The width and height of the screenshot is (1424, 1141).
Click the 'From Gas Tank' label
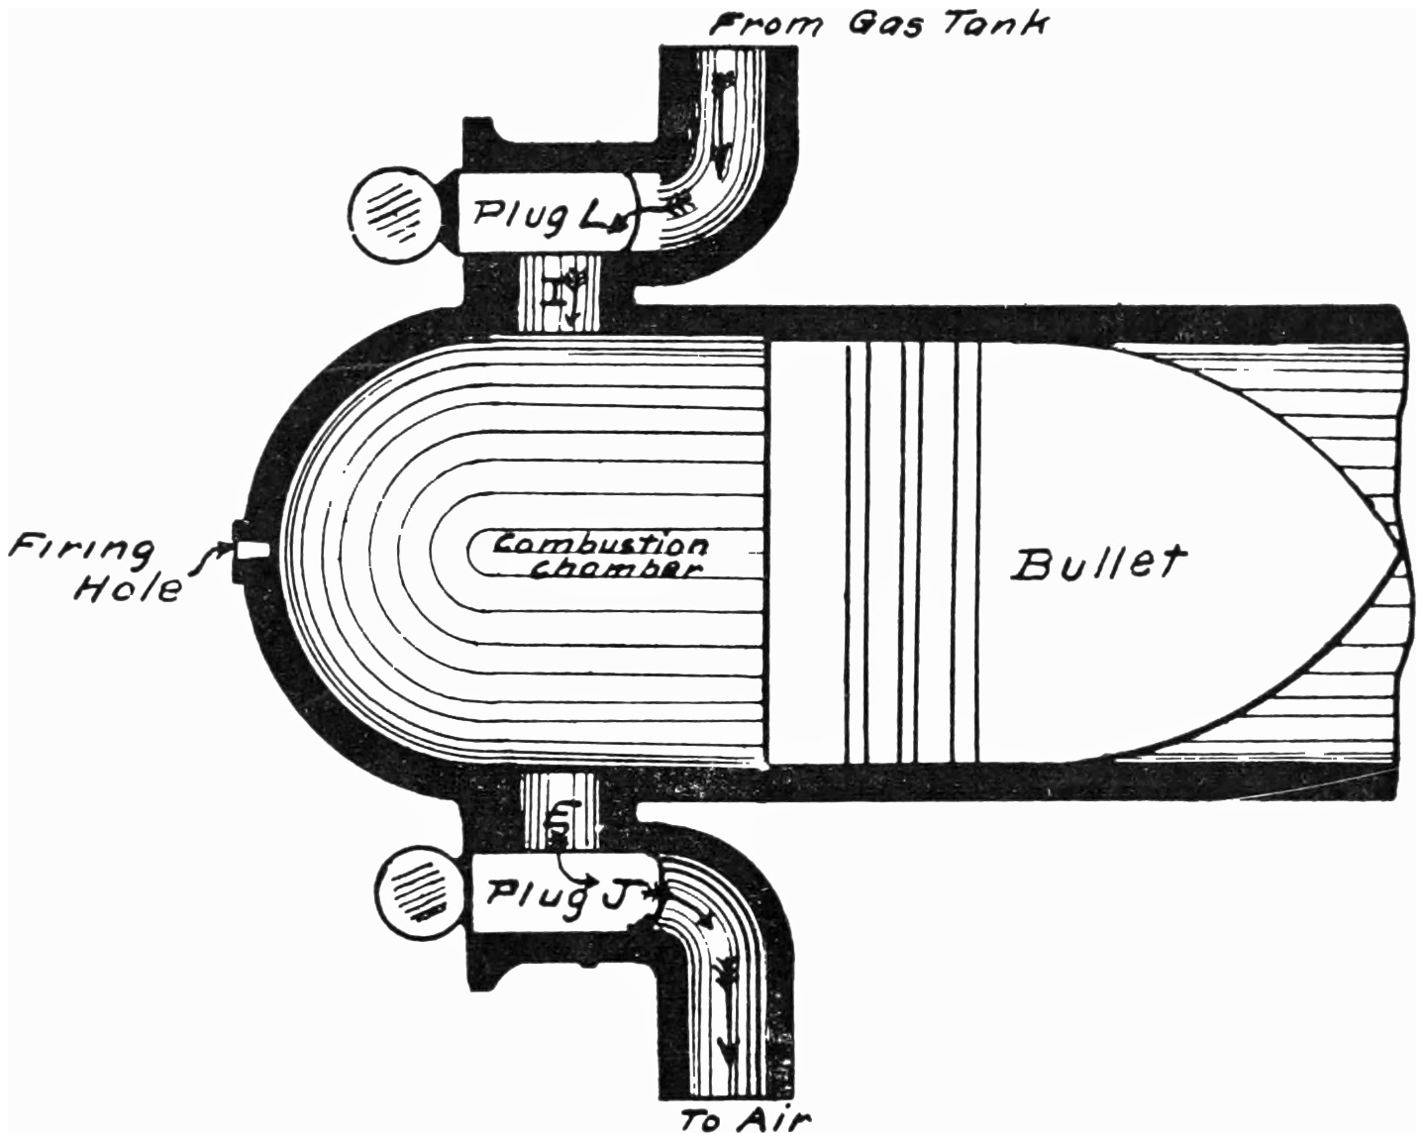[878, 25]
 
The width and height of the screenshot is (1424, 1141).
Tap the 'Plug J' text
[559, 893]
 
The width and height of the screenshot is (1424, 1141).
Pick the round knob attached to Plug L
[395, 216]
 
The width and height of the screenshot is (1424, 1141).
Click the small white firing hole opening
[254, 550]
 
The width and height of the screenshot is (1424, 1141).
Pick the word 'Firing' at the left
[81, 553]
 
